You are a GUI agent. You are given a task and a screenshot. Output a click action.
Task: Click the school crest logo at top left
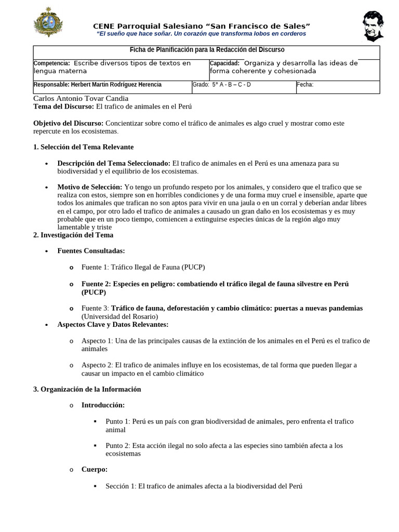click(x=47, y=22)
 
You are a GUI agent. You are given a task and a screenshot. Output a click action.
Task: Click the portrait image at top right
click(x=374, y=26)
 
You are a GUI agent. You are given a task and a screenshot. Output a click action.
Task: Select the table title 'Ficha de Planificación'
click(x=207, y=50)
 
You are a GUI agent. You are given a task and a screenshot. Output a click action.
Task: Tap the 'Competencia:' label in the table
click(x=51, y=63)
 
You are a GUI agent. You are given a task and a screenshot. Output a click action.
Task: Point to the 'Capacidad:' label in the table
click(x=224, y=63)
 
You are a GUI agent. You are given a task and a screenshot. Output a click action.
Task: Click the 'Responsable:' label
click(x=52, y=85)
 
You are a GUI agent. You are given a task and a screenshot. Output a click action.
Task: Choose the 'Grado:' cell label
click(x=201, y=85)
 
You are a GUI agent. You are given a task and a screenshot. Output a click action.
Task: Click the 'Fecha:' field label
click(x=305, y=85)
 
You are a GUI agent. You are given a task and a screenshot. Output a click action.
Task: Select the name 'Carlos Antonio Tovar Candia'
click(x=81, y=98)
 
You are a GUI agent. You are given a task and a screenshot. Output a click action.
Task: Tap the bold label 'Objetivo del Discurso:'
click(x=69, y=124)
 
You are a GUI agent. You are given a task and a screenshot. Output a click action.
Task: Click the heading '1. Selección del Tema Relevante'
click(x=83, y=147)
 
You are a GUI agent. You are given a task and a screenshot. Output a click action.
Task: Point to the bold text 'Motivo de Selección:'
click(x=90, y=187)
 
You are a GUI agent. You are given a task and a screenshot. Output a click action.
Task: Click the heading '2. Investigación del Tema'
click(x=73, y=235)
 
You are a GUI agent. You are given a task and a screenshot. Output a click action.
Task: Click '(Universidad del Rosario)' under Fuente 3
click(x=119, y=316)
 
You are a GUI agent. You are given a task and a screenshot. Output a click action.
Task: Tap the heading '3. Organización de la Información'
click(x=87, y=389)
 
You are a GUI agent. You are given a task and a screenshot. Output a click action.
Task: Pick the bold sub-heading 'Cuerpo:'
click(x=95, y=469)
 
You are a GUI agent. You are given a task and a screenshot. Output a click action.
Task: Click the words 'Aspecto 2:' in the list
click(x=97, y=365)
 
